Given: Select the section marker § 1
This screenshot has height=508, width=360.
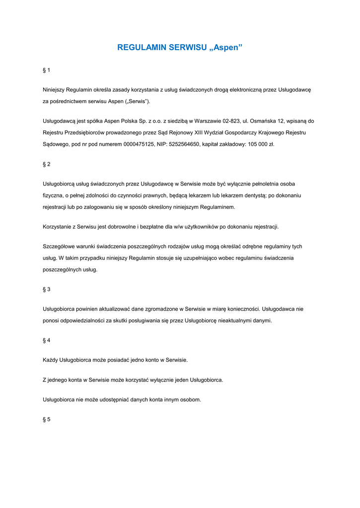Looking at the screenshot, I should pos(47,70).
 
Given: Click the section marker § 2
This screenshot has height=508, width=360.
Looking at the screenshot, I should pos(47,164).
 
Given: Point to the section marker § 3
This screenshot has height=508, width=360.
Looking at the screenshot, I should pos(47,289).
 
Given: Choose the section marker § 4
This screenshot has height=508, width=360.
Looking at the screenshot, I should pos(47,340).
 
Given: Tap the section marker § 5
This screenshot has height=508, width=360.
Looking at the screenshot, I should pos(47,419).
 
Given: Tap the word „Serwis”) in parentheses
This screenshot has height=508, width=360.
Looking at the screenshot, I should pos(137,101).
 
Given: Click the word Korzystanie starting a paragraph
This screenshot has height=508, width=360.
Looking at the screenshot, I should pos(59,227).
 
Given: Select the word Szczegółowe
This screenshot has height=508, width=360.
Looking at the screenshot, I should pos(60,246).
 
